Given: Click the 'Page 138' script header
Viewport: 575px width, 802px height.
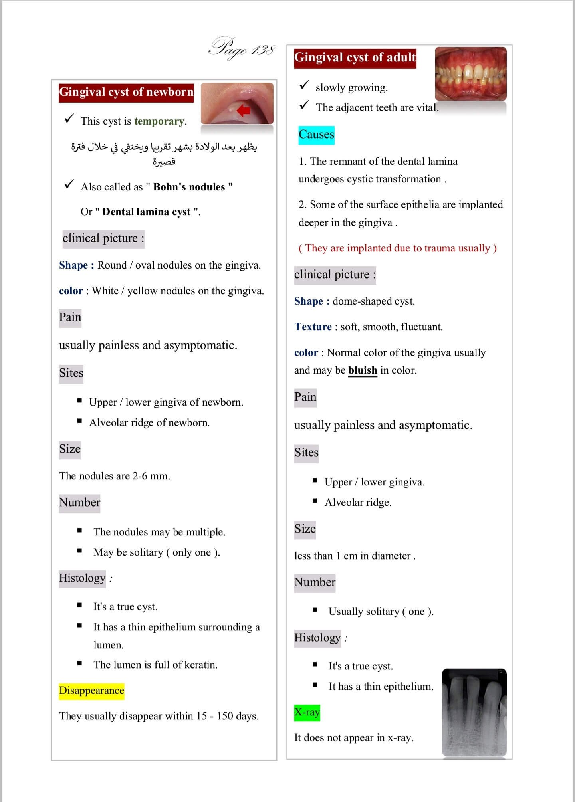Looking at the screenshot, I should (x=242, y=49).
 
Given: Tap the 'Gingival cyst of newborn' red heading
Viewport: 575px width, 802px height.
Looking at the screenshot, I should (x=126, y=92).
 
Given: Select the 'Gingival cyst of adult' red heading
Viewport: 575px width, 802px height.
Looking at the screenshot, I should (x=355, y=58).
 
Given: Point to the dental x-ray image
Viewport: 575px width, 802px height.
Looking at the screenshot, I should (x=474, y=712).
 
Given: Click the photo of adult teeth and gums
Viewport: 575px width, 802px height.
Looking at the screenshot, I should (x=470, y=74).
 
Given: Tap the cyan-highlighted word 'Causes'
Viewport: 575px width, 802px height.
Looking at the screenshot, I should (x=316, y=135).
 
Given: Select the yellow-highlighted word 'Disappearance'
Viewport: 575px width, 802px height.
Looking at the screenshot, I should (x=91, y=691).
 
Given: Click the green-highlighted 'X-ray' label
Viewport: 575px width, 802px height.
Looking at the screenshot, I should (x=307, y=712).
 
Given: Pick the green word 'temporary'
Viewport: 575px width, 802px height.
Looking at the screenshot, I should (x=159, y=121).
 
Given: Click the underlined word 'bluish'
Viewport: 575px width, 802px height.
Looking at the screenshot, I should (x=362, y=370).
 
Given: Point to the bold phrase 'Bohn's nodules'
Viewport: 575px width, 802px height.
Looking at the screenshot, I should (x=189, y=187).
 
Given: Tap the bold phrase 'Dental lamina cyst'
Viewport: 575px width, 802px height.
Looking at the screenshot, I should (x=146, y=212).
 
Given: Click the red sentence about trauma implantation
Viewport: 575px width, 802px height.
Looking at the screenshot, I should (x=397, y=248).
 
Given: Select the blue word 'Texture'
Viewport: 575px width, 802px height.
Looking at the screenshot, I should (x=313, y=327).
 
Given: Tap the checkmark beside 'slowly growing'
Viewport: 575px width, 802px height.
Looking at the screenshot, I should (x=304, y=85).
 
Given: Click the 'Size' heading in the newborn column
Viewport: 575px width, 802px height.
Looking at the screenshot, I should (x=70, y=449).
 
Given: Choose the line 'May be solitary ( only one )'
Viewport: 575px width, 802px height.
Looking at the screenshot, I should (x=157, y=552).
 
